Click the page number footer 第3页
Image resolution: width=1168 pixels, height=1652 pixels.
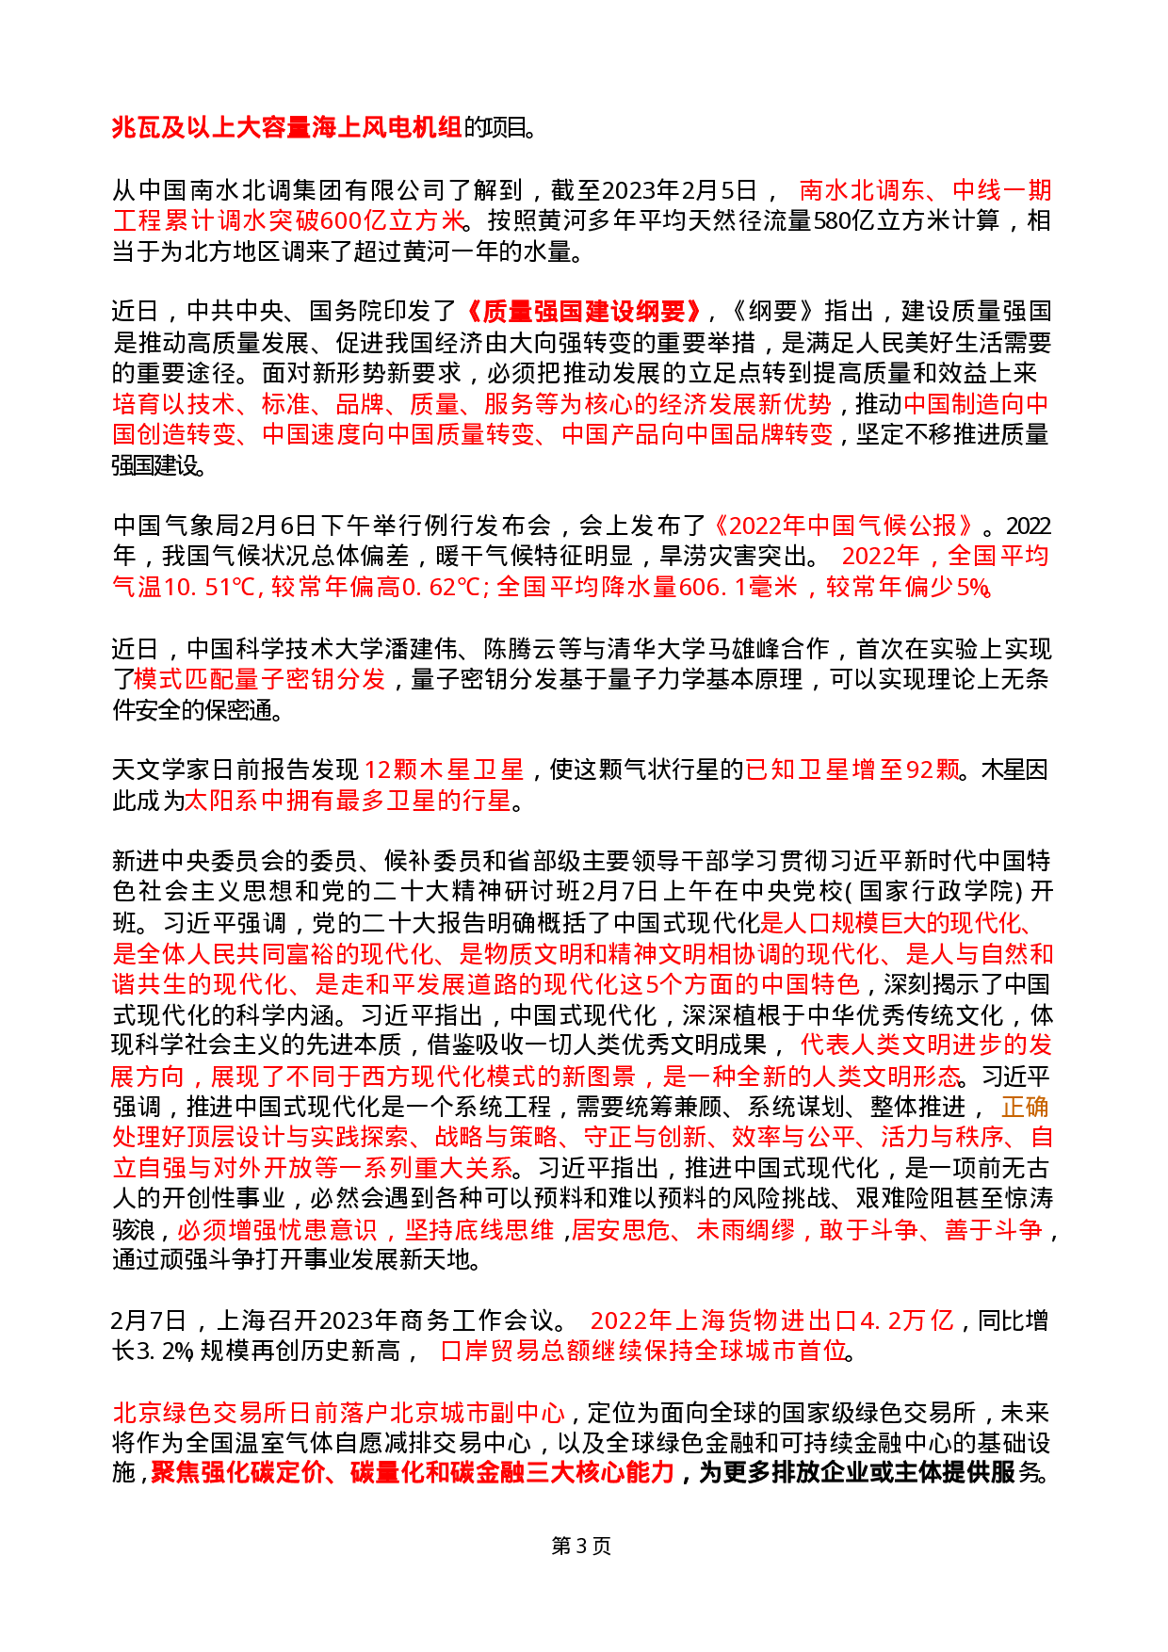click(581, 1547)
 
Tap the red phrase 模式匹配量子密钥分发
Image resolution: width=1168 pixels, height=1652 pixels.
click(260, 679)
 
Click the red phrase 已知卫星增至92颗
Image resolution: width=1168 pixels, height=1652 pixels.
click(852, 769)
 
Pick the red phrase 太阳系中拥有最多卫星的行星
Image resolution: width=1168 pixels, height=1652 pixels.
click(348, 801)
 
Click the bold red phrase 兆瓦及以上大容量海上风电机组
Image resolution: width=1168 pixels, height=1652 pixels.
click(286, 127)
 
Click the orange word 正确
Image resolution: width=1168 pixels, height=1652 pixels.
click(1024, 1107)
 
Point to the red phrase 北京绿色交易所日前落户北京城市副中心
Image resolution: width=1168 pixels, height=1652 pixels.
click(339, 1413)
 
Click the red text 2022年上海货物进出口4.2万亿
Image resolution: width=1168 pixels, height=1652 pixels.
click(772, 1320)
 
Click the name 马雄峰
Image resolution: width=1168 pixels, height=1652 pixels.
click(745, 649)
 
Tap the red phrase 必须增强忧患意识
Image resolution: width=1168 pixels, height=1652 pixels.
click(277, 1229)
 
